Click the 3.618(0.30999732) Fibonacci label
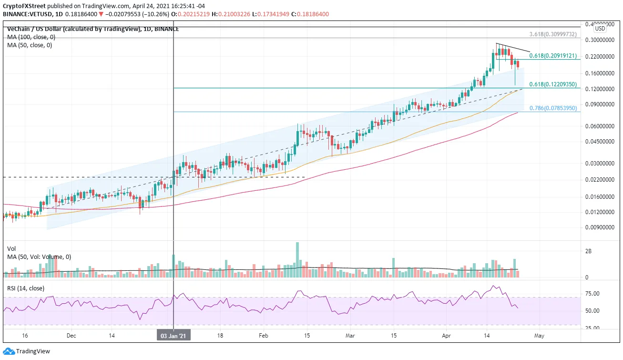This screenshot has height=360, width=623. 552,34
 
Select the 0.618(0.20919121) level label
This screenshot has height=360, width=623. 552,56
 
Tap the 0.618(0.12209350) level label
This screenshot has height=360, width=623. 552,84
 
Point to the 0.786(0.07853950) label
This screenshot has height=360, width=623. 553,108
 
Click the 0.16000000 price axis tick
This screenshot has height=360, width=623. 600,73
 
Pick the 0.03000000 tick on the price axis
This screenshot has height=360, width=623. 600,163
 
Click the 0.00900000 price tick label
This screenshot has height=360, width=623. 600,227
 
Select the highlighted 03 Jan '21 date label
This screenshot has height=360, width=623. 174,336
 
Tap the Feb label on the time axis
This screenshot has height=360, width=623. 264,336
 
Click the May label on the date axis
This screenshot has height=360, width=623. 539,336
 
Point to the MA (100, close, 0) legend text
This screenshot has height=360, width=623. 31,37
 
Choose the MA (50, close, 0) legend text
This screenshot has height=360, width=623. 30,45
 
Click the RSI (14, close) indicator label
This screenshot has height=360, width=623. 26,288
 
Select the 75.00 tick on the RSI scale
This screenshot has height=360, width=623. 592,294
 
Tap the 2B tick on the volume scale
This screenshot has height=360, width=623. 588,251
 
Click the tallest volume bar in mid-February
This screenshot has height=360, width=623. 297,260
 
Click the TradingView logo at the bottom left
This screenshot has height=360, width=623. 27,351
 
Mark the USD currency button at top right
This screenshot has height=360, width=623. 600,29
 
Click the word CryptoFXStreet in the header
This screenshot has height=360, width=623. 24,6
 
